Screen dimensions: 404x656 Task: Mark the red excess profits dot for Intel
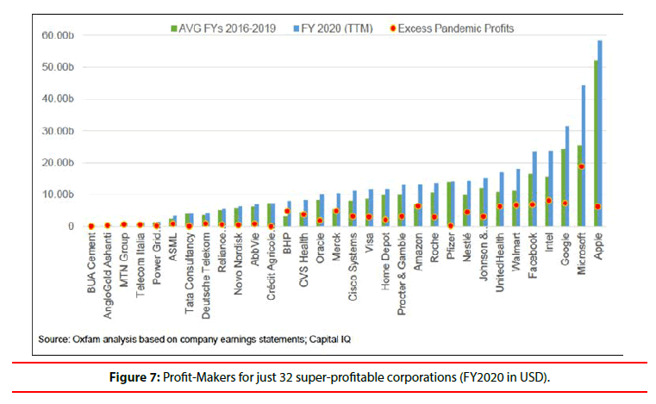pyautogui.click(x=548, y=201)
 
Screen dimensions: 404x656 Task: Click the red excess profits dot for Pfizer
pyautogui.click(x=451, y=226)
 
